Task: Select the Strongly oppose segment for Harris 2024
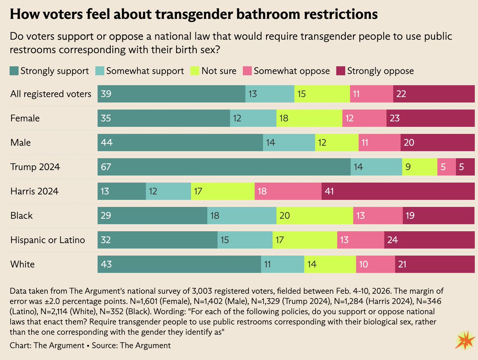pyautogui.click(x=398, y=191)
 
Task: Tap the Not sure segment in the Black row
pyautogui.click(x=315, y=216)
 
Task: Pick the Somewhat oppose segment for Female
pyautogui.click(x=364, y=118)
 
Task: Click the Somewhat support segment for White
pyautogui.click(x=282, y=264)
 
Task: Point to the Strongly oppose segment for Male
pyautogui.click(x=437, y=143)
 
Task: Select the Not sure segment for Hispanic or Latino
pyautogui.click(x=305, y=240)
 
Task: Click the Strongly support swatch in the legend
pyautogui.click(x=14, y=71)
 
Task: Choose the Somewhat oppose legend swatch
pyautogui.click(x=247, y=71)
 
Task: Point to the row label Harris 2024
pyautogui.click(x=34, y=191)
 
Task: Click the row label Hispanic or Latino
pyautogui.click(x=47, y=240)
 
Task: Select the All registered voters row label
pyautogui.click(x=51, y=94)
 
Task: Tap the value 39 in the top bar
pyautogui.click(x=106, y=94)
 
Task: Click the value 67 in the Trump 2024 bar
pyautogui.click(x=106, y=167)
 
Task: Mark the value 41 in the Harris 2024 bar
pyautogui.click(x=330, y=191)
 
